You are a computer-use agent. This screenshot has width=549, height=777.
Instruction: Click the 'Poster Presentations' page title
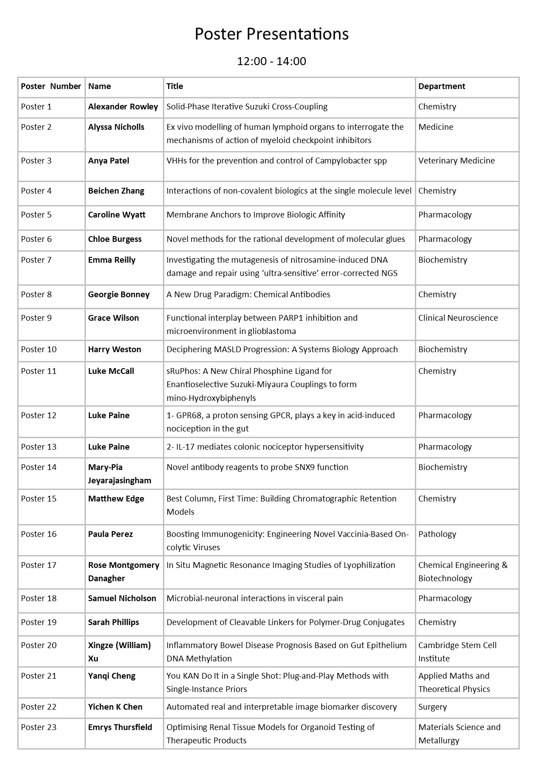tap(271, 34)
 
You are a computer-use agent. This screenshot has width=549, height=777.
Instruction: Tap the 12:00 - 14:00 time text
tap(271, 61)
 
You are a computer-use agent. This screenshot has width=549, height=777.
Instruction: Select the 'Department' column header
tap(441, 86)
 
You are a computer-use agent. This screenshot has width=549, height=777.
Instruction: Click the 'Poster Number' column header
tap(51, 86)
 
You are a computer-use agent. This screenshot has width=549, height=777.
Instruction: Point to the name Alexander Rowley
tap(123, 107)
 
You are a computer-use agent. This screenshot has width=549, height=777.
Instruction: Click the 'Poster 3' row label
tap(36, 161)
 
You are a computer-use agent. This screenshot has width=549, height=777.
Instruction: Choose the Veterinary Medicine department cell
tap(456, 161)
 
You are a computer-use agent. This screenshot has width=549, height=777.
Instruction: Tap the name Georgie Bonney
tap(119, 295)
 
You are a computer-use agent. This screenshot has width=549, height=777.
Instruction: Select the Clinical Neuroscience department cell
tap(458, 318)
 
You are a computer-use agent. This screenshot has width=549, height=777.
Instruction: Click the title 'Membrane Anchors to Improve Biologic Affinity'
tap(255, 215)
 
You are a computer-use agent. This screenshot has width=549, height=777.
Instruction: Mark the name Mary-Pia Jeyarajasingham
tap(120, 474)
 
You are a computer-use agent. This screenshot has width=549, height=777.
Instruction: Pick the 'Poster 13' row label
tap(39, 447)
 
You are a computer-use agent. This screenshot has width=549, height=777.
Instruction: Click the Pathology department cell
tap(437, 534)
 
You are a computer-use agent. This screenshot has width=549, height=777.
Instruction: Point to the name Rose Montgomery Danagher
tap(124, 571)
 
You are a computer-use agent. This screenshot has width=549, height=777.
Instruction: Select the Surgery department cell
tap(432, 707)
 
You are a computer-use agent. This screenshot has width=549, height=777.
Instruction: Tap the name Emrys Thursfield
tap(120, 727)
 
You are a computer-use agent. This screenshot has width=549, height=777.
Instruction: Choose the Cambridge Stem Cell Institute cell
tap(457, 652)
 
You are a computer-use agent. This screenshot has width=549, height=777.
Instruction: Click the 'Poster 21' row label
tap(39, 676)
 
